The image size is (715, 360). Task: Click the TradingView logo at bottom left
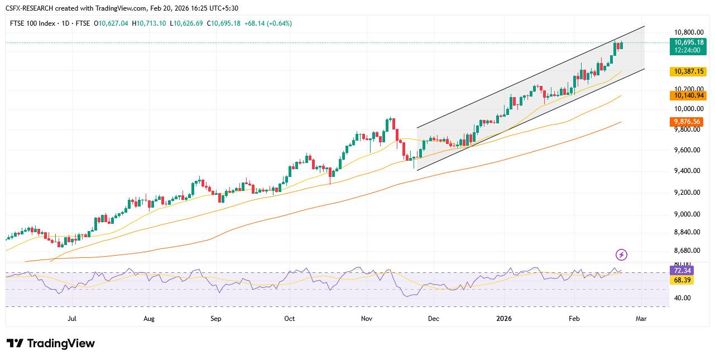51,343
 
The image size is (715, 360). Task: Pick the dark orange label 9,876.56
687,122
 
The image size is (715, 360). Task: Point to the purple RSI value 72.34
681,271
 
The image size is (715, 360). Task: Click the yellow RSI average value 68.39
681,280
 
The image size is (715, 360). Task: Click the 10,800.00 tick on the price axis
689,32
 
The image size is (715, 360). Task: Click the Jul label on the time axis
71,319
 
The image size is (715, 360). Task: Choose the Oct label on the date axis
289,319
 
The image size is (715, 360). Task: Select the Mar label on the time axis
641,319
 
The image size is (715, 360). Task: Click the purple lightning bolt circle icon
621,255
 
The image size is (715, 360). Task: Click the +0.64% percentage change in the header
280,23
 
